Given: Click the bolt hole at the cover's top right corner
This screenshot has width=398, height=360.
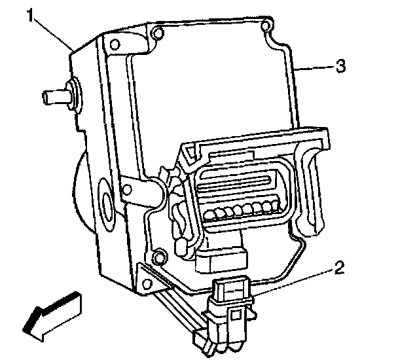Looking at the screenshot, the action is click(x=264, y=27).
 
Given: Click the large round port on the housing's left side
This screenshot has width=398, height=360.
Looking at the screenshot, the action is click(x=105, y=199).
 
